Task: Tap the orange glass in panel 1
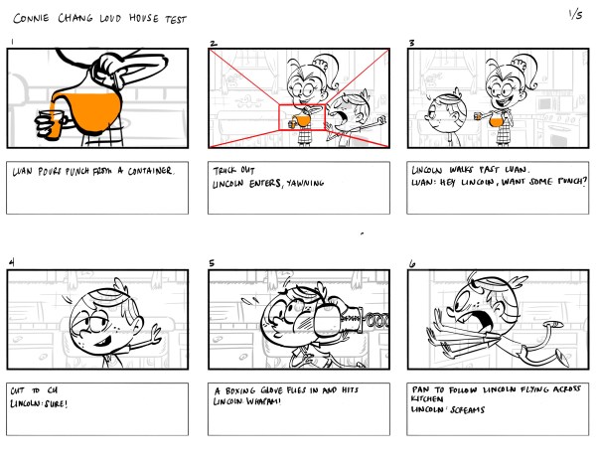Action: (x=55, y=123)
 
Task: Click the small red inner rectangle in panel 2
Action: (x=302, y=118)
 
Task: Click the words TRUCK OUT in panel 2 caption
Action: (x=234, y=171)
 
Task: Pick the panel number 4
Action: (x=10, y=262)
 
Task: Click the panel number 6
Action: (x=411, y=262)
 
